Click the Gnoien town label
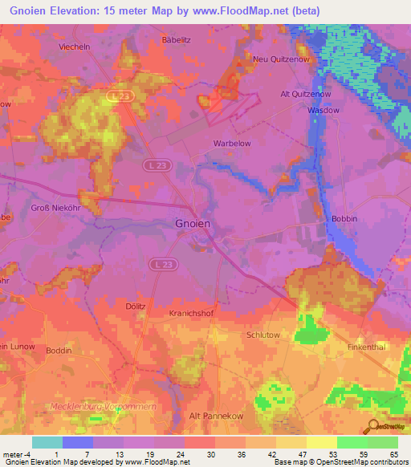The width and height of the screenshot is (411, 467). (193, 225)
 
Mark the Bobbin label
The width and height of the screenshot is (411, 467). (343, 218)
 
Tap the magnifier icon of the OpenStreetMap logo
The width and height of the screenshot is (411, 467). (372, 425)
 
